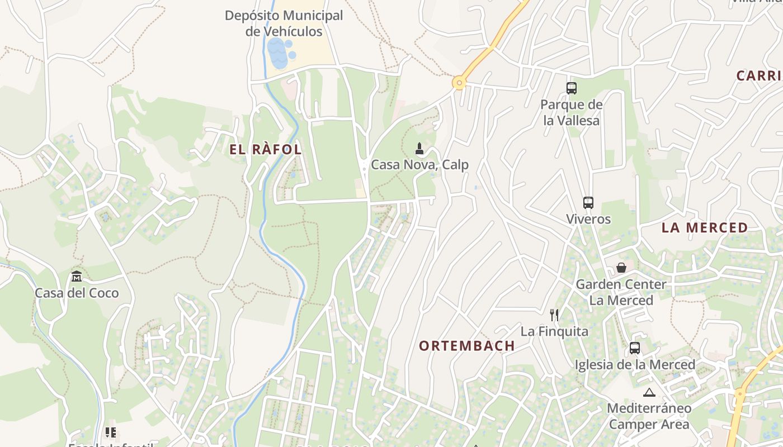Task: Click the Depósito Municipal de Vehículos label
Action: (284, 23)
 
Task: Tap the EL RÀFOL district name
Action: (266, 150)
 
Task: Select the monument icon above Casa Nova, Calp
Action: (419, 149)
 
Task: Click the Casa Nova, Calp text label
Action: (419, 165)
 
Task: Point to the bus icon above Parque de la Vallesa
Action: (571, 88)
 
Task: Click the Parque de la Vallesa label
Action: (571, 112)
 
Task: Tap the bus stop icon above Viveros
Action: (588, 203)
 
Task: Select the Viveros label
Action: (588, 219)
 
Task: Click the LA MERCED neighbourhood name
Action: (704, 228)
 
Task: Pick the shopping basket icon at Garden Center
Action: (621, 268)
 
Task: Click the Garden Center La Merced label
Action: (621, 292)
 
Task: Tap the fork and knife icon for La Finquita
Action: (554, 315)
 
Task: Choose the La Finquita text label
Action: (554, 331)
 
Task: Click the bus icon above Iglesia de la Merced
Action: (634, 348)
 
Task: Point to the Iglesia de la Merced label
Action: (635, 364)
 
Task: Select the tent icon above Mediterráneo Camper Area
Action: (649, 392)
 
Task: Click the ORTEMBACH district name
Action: (466, 346)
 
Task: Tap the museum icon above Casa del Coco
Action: (77, 277)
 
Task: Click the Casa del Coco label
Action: (77, 293)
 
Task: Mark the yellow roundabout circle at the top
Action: (459, 83)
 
